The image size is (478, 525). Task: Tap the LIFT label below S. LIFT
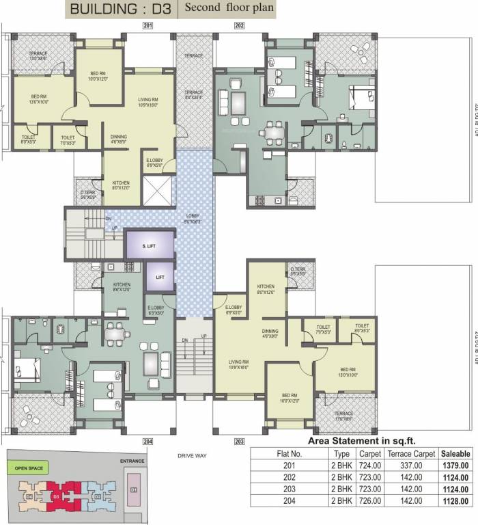point(159,277)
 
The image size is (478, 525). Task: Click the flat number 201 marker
point(147,25)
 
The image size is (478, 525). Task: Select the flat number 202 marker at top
point(239,25)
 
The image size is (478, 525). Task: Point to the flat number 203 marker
point(239,442)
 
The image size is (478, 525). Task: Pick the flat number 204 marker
point(147,442)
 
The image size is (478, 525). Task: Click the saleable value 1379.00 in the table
point(455,466)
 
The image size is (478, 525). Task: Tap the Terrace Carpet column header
point(411,453)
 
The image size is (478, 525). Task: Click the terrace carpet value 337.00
point(411,466)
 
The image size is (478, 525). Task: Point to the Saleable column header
point(455,453)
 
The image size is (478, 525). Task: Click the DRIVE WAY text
point(192,455)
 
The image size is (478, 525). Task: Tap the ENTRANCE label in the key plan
point(132,461)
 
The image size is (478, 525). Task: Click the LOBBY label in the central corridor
point(193,216)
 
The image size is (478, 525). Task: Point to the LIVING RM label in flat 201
point(148,101)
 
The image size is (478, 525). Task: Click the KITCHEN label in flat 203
point(265,287)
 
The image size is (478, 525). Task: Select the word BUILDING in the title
point(102,9)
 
